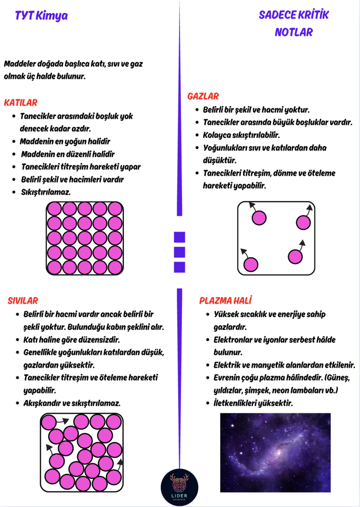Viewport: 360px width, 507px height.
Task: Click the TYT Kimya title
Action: (x=41, y=16)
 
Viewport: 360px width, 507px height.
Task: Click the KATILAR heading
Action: (x=21, y=103)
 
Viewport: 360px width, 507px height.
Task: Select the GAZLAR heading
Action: (x=203, y=96)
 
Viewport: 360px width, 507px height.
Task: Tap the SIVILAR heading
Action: (x=23, y=300)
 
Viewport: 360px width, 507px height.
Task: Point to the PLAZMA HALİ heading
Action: (x=226, y=300)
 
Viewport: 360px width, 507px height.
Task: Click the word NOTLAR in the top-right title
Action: (x=294, y=32)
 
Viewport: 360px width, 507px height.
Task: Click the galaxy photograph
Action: (x=275, y=452)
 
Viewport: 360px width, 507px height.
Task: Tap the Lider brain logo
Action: (x=180, y=487)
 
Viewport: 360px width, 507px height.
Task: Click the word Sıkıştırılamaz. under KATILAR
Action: (x=46, y=192)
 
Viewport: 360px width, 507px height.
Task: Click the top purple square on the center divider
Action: (x=180, y=237)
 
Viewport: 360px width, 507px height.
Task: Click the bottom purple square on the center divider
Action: (x=180, y=267)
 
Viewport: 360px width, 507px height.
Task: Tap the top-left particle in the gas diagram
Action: (x=259, y=218)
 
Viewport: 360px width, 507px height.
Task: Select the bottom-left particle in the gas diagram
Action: (x=251, y=264)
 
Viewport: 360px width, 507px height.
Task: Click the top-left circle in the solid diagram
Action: (x=54, y=209)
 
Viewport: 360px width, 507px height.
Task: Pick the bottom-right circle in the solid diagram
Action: (x=115, y=268)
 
